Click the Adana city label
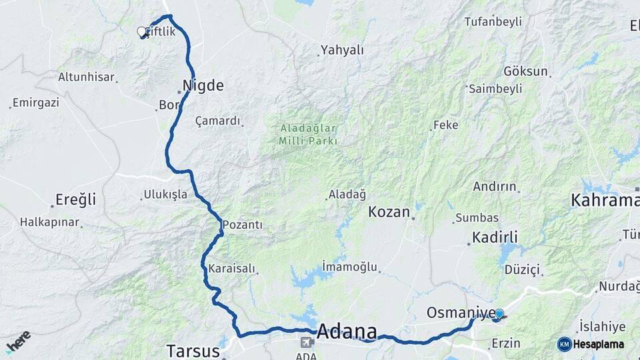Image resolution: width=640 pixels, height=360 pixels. (347, 331)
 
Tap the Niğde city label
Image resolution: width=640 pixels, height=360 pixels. (203, 85)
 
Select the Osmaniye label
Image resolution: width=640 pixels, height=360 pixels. (461, 313)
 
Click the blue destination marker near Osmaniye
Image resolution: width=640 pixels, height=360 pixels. (499, 314)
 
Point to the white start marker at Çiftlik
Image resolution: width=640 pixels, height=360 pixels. (141, 31)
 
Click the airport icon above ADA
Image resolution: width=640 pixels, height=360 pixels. (306, 343)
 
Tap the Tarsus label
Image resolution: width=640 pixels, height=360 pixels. (193, 351)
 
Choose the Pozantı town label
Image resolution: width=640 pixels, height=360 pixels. (243, 225)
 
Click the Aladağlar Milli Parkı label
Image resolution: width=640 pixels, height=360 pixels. (309, 134)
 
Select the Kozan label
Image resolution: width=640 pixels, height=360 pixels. (389, 212)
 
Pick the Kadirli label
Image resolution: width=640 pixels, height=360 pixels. (495, 237)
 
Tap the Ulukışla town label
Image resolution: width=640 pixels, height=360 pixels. (161, 195)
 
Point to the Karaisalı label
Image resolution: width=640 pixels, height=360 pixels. (231, 269)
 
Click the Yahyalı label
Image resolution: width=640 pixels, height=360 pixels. (342, 50)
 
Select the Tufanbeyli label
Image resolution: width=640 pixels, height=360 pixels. (493, 22)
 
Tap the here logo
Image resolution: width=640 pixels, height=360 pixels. (18, 341)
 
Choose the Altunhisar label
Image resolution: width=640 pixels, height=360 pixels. (86, 77)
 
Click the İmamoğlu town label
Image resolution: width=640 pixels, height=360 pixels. (349, 267)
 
